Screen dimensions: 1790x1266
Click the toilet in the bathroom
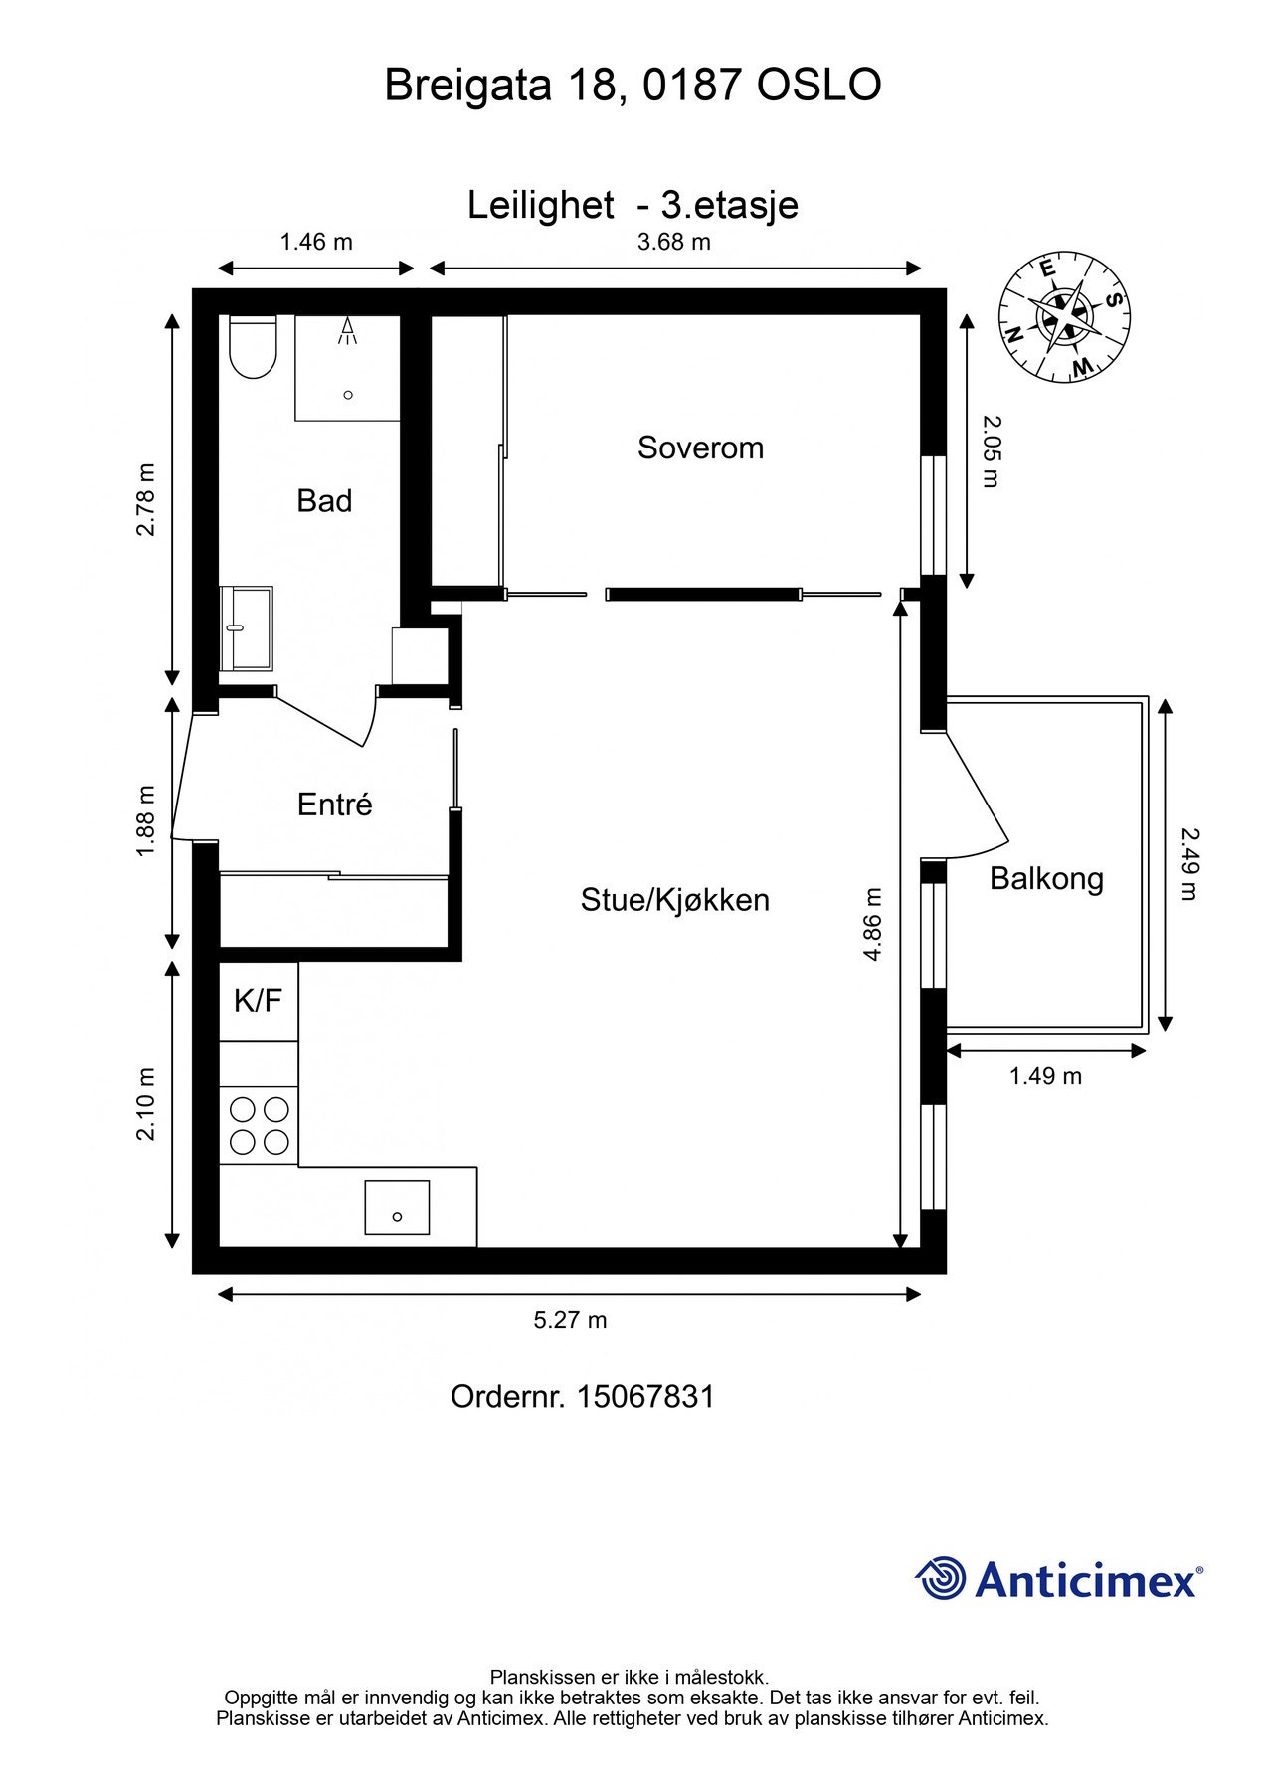point(251,347)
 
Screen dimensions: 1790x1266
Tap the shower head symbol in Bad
point(347,331)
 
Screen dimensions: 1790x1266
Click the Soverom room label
point(700,447)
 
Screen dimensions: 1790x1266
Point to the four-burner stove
point(259,1125)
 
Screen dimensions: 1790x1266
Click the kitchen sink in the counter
point(397,1208)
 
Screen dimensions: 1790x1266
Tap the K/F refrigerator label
point(259,1001)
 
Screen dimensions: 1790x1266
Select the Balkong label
point(1046,879)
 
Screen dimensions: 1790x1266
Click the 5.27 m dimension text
point(570,1320)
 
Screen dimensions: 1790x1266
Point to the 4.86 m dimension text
point(873,924)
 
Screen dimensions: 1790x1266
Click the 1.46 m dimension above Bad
point(316,242)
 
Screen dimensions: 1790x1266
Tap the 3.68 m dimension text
point(674,242)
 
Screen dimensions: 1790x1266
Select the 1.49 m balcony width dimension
point(1045,1076)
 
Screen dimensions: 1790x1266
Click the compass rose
point(1065,316)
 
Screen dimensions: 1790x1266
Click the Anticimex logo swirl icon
point(941,1578)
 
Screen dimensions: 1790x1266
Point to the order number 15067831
point(645,1396)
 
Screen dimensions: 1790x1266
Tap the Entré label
point(334,805)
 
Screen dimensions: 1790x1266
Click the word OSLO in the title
point(818,86)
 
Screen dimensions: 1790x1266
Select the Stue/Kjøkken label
point(675,900)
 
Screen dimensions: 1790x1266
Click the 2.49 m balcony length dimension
point(1189,864)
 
